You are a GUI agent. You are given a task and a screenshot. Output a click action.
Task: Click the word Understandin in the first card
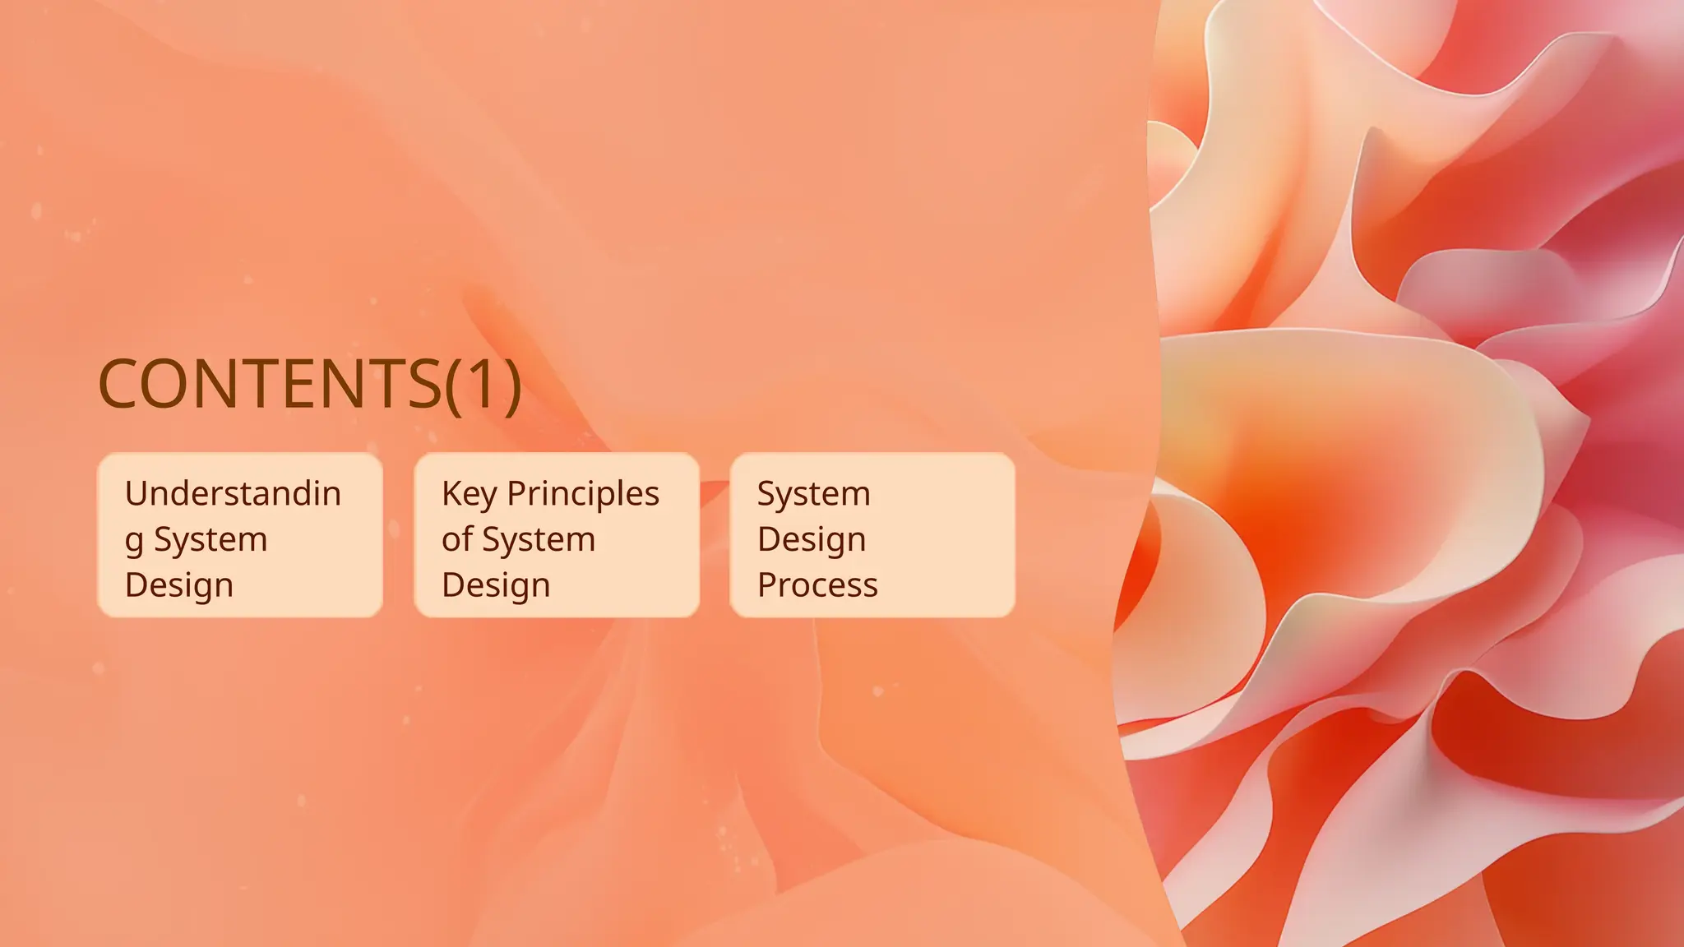(x=233, y=493)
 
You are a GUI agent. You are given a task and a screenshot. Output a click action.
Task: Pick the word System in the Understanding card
(x=210, y=540)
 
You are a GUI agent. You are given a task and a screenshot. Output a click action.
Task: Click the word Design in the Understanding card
(x=179, y=585)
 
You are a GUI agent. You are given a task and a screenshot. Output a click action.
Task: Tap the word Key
(x=469, y=494)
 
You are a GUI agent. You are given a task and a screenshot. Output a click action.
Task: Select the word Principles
(x=583, y=494)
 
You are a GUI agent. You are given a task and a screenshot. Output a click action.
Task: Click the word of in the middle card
(x=456, y=539)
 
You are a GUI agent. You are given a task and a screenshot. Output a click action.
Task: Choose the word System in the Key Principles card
(x=539, y=540)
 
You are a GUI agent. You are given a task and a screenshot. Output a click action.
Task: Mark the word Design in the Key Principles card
(x=496, y=585)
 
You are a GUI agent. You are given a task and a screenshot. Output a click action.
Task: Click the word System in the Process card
(x=813, y=494)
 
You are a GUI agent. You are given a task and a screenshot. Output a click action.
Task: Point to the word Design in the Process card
(x=812, y=540)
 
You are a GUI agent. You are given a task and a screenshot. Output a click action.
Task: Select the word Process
(x=817, y=585)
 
